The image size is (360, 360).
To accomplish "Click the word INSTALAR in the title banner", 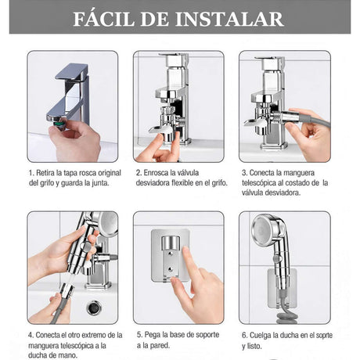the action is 229,19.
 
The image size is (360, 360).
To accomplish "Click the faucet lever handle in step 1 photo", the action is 72,71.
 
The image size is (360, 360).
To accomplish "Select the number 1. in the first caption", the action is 31,173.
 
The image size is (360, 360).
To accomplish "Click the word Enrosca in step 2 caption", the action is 156,173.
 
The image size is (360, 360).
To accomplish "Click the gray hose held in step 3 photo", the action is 316,121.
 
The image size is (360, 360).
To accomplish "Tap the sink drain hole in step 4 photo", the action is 94,308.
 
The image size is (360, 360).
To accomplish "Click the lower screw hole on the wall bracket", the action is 170,269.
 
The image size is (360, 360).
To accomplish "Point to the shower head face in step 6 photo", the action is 261,229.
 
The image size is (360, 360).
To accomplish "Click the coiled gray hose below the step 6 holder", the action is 285,318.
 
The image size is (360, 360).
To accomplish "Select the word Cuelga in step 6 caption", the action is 261,336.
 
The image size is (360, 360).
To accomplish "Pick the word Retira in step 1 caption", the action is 45,173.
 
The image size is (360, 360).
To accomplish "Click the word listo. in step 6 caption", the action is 254,347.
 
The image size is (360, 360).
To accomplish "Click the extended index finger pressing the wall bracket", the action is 189,261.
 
